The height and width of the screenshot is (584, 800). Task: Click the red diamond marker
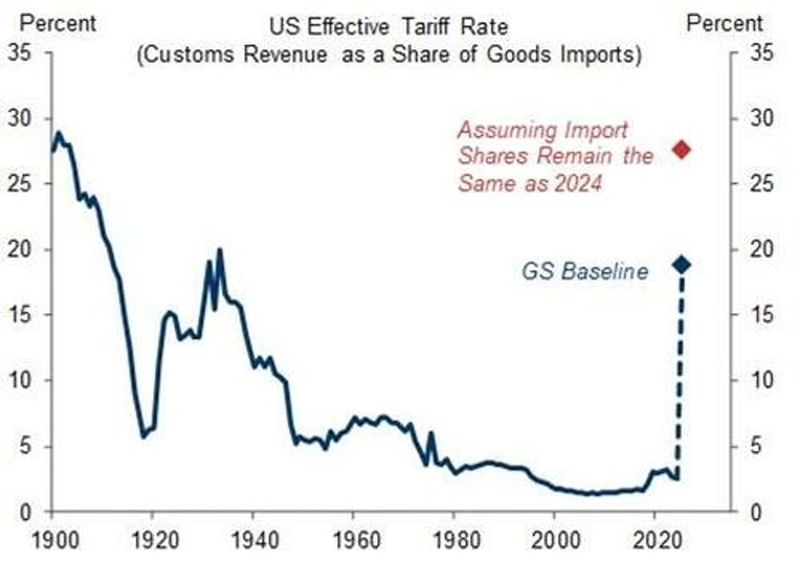tap(681, 149)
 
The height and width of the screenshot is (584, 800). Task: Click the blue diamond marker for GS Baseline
tap(681, 265)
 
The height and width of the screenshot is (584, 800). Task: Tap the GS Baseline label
tap(585, 272)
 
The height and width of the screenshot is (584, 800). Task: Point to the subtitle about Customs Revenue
tap(389, 56)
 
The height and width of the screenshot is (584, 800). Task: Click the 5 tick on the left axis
tap(25, 445)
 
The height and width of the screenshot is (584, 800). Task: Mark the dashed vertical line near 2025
tap(678, 377)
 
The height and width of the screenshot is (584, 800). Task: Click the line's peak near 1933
tap(219, 250)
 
